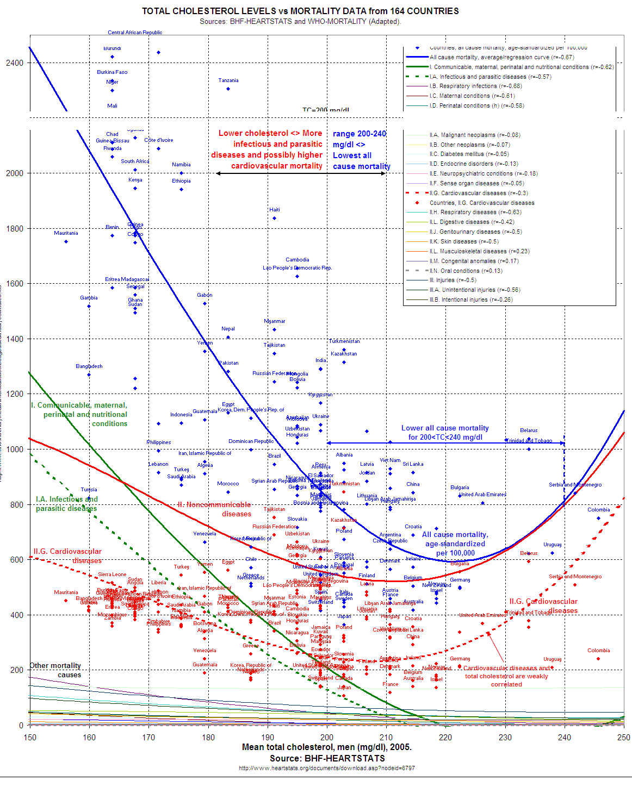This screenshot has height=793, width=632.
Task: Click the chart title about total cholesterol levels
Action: coord(300,11)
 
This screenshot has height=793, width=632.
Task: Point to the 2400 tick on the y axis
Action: coord(15,63)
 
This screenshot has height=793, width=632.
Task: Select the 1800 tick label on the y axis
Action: coord(15,229)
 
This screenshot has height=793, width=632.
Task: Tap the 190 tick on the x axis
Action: coord(268,738)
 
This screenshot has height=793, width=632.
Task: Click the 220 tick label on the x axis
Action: coord(445,738)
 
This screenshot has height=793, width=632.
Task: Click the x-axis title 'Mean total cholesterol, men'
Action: coord(326,747)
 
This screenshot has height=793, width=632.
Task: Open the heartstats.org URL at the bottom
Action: coord(326,768)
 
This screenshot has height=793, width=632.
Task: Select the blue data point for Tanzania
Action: coord(228,89)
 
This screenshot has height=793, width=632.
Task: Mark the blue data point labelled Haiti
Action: coord(275,218)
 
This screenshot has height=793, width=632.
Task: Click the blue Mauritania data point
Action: coord(66,241)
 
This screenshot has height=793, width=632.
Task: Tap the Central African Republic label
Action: coord(135,33)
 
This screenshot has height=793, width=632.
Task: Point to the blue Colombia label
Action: coord(598,510)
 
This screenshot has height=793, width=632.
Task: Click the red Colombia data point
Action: coord(598,659)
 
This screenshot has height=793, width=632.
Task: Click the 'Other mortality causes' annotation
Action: coord(55,670)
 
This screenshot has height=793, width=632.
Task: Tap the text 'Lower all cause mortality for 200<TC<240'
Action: coord(445,433)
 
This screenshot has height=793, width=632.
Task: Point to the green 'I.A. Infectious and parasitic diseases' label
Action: coord(66,504)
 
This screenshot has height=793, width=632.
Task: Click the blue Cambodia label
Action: coord(298,260)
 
